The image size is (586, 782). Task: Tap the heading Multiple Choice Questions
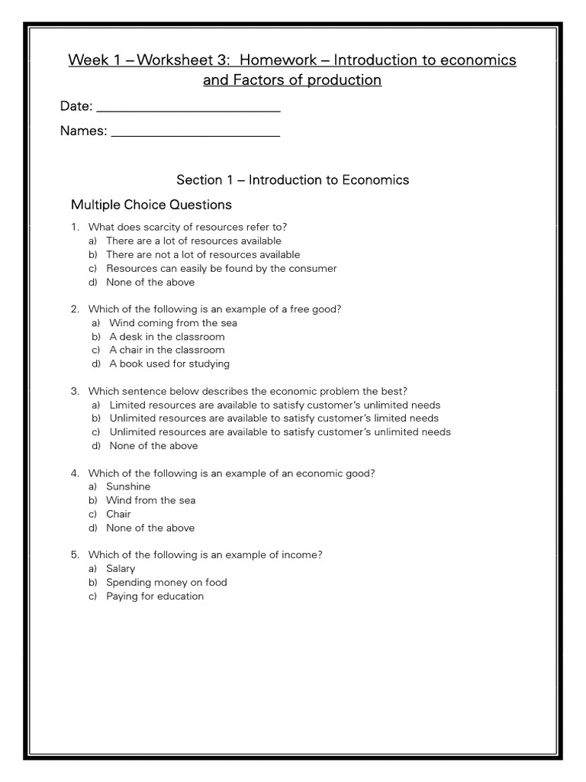[x=151, y=205]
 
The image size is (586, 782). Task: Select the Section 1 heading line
[x=292, y=180]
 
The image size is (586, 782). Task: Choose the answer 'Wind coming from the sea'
[x=173, y=323]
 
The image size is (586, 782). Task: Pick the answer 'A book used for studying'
[x=169, y=364]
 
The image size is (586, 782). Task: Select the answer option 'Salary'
[x=121, y=568]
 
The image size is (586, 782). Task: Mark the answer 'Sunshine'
[x=128, y=486]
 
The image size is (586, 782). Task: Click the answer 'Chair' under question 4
[x=118, y=514]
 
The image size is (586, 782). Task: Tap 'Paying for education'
[x=155, y=596]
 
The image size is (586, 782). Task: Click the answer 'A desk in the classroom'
[x=167, y=337]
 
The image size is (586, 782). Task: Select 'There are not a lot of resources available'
[x=203, y=254]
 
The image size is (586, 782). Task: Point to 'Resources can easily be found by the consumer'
[x=221, y=268]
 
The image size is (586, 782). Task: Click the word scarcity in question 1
[x=162, y=227]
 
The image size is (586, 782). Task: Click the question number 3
[x=75, y=391]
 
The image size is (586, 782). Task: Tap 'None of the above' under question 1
[x=150, y=282]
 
